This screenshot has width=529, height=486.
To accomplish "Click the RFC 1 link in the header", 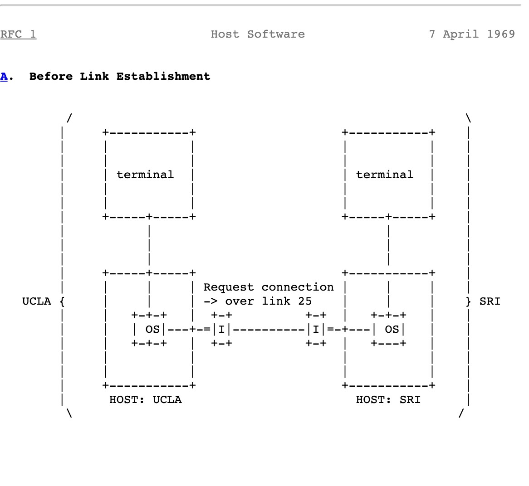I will click(x=18, y=34).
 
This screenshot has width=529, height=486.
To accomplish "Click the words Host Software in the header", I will click(x=258, y=34).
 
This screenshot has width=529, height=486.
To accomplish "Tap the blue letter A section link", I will click(x=4, y=76).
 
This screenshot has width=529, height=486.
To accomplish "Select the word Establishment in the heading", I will click(x=163, y=76).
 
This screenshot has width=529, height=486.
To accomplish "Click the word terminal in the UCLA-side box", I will click(x=145, y=175).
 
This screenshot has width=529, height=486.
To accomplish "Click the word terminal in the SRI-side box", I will click(x=385, y=175).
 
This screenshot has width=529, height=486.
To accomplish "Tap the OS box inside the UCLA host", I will click(x=152, y=329).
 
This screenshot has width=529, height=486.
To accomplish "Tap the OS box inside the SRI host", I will click(x=392, y=329).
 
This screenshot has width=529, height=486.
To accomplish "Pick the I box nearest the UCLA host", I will click(x=221, y=329).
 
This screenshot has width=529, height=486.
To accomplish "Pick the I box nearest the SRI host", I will click(x=316, y=329).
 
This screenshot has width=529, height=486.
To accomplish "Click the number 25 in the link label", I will click(x=305, y=301).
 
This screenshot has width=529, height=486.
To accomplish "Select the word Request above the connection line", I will click(x=229, y=287).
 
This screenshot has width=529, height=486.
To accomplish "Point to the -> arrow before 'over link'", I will click(x=211, y=301).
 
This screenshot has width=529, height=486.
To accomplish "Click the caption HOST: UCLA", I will click(x=145, y=399).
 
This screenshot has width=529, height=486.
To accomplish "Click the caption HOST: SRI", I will click(x=388, y=399).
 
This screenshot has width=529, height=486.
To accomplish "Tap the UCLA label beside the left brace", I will click(x=36, y=301).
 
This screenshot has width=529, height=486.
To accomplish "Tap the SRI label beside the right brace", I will click(x=490, y=301).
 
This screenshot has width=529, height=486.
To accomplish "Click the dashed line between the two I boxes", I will click(x=269, y=329).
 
